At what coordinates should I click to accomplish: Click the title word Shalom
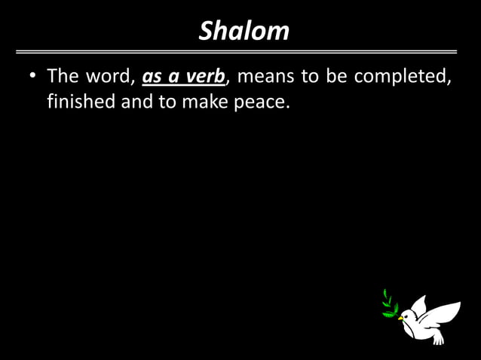point(244,31)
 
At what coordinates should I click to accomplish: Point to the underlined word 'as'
point(152,78)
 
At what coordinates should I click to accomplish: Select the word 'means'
point(264,77)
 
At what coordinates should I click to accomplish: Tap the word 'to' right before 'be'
point(309,77)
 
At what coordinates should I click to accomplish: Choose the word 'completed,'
point(403,77)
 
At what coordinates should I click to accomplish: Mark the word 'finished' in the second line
point(81,100)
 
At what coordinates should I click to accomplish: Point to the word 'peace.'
point(262,101)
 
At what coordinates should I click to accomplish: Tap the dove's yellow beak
point(400,317)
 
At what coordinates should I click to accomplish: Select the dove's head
point(408,315)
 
